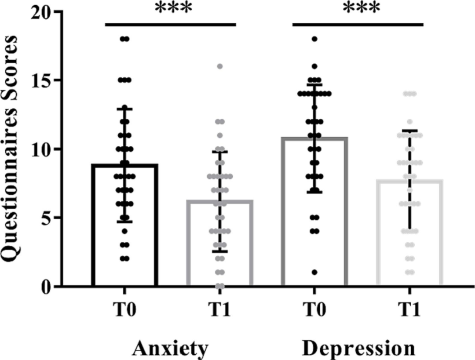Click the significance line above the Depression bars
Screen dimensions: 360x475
point(358,24)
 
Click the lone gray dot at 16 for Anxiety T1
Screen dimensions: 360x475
point(220,66)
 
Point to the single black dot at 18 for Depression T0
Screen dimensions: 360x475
point(314,39)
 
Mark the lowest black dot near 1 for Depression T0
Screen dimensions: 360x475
point(314,273)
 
